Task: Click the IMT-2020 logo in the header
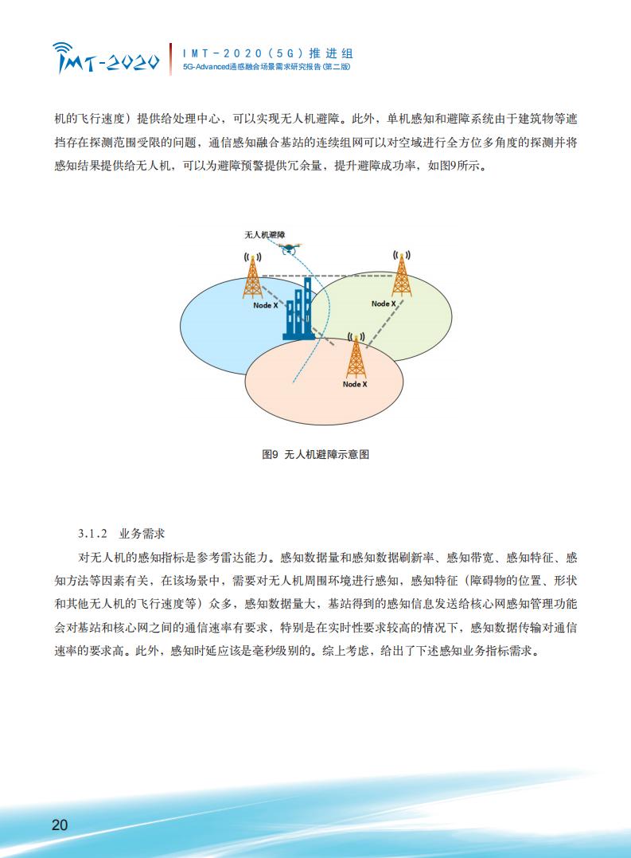pos(106,58)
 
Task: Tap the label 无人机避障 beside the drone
pos(264,235)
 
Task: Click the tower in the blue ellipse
pos(252,276)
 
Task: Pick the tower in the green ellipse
pos(402,273)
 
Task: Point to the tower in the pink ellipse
pos(356,355)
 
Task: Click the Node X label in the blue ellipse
pos(266,305)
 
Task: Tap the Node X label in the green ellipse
pos(384,304)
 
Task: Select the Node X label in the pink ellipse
pos(355,384)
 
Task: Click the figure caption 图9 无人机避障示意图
pos(316,454)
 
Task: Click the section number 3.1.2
pos(93,534)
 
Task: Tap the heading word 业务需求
pos(142,534)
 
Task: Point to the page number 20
pos(60,825)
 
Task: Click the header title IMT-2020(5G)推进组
pos(267,53)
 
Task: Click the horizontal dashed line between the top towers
pos(327,276)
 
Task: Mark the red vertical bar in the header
pos(171,59)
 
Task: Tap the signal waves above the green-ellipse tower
pos(402,255)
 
